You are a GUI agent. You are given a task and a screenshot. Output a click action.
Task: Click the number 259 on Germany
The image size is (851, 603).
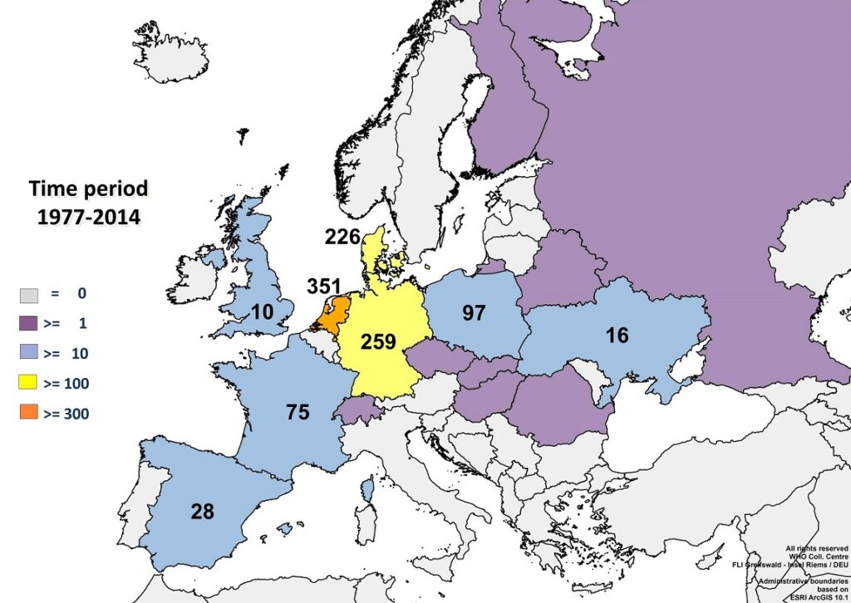pyautogui.click(x=378, y=341)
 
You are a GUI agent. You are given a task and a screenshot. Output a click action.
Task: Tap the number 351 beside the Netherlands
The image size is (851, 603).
pyautogui.click(x=324, y=287)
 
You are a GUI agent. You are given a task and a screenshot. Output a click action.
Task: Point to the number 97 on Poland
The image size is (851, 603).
pyautogui.click(x=473, y=313)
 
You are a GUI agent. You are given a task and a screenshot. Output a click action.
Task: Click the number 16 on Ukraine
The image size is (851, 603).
pyautogui.click(x=617, y=335)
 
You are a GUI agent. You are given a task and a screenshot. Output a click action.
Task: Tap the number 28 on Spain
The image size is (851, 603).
pyautogui.click(x=202, y=511)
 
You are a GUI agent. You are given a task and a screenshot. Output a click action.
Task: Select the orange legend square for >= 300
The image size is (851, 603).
pyautogui.click(x=30, y=413)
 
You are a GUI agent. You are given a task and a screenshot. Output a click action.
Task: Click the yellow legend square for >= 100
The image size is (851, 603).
pyautogui.click(x=30, y=383)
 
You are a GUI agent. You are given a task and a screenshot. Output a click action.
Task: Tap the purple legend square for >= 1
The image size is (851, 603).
pyautogui.click(x=30, y=323)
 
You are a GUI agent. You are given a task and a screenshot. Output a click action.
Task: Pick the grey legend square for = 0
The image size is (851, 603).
pyautogui.click(x=30, y=293)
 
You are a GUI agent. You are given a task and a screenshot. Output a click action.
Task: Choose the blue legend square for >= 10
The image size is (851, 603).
pyautogui.click(x=30, y=353)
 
